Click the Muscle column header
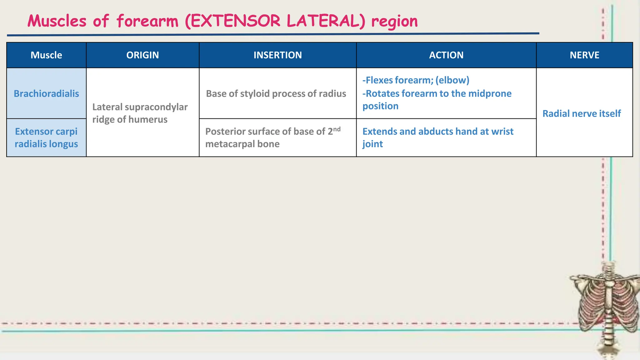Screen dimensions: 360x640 click(46, 55)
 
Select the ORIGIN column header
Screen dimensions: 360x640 click(142, 55)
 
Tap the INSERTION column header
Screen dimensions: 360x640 click(277, 55)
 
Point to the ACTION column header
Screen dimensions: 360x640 click(446, 55)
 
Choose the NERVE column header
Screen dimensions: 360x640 click(584, 55)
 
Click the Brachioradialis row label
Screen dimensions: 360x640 click(46, 93)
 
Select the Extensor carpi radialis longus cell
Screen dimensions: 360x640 click(46, 137)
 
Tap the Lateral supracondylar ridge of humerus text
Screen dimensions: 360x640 click(140, 113)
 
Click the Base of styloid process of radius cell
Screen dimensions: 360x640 click(276, 93)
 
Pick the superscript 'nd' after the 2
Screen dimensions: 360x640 click(337, 129)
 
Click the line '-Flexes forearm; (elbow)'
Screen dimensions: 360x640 click(416, 80)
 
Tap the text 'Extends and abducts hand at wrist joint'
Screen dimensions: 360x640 click(437, 137)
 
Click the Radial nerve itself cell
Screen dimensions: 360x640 click(581, 113)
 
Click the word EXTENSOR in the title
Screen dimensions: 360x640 click(235, 21)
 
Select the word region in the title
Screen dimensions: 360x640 click(394, 21)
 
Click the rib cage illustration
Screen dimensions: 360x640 click(606, 306)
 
